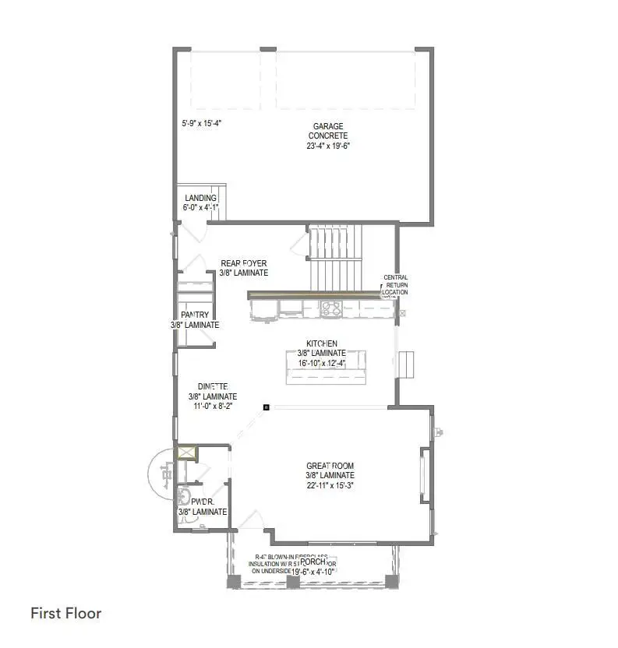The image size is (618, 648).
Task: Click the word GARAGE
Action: pos(328,126)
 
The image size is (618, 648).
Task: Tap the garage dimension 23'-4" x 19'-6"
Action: pos(328,145)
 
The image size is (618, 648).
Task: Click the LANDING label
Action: pos(200,199)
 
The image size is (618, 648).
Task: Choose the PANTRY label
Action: pos(194,315)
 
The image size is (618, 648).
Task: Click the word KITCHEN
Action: pos(321,343)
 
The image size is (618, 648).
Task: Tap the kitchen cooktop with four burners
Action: pos(330,309)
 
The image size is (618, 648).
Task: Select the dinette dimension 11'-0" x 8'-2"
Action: pos(210,406)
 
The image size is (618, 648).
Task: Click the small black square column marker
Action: pos(267,407)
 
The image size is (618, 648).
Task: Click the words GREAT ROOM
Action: pos(330,466)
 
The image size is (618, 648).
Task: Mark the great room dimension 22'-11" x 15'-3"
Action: pos(330,485)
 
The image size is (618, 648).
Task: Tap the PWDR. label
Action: pos(202,502)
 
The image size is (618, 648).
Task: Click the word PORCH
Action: pos(313,562)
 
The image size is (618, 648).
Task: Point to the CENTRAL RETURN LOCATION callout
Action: pos(395,285)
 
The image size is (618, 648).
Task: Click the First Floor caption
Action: pos(66,613)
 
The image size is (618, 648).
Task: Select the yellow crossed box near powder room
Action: pos(186,453)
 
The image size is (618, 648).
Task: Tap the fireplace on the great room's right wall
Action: pos(425,476)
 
